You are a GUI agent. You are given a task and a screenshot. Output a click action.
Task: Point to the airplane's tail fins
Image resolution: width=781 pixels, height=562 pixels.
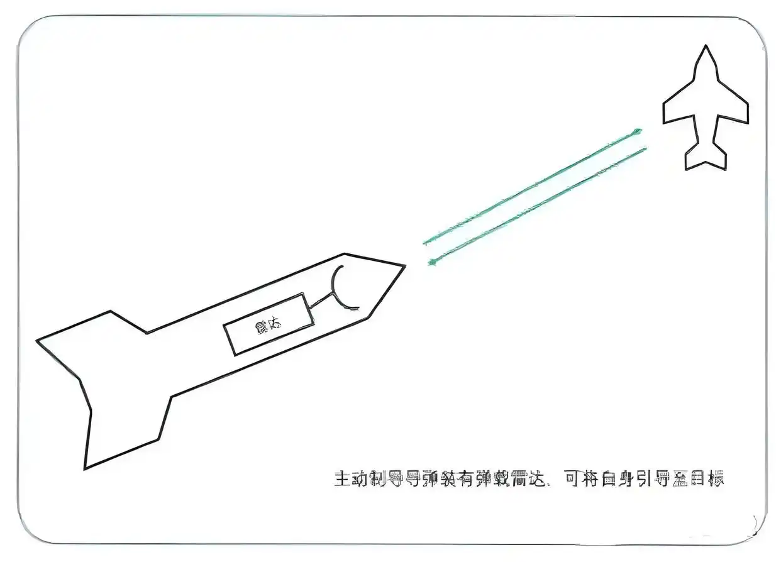coord(706,157)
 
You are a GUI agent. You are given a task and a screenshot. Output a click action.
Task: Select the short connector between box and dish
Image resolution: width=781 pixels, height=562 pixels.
coord(321,300)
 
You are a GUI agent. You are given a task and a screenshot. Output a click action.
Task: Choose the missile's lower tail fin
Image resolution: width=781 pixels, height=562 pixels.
coord(126,427)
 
